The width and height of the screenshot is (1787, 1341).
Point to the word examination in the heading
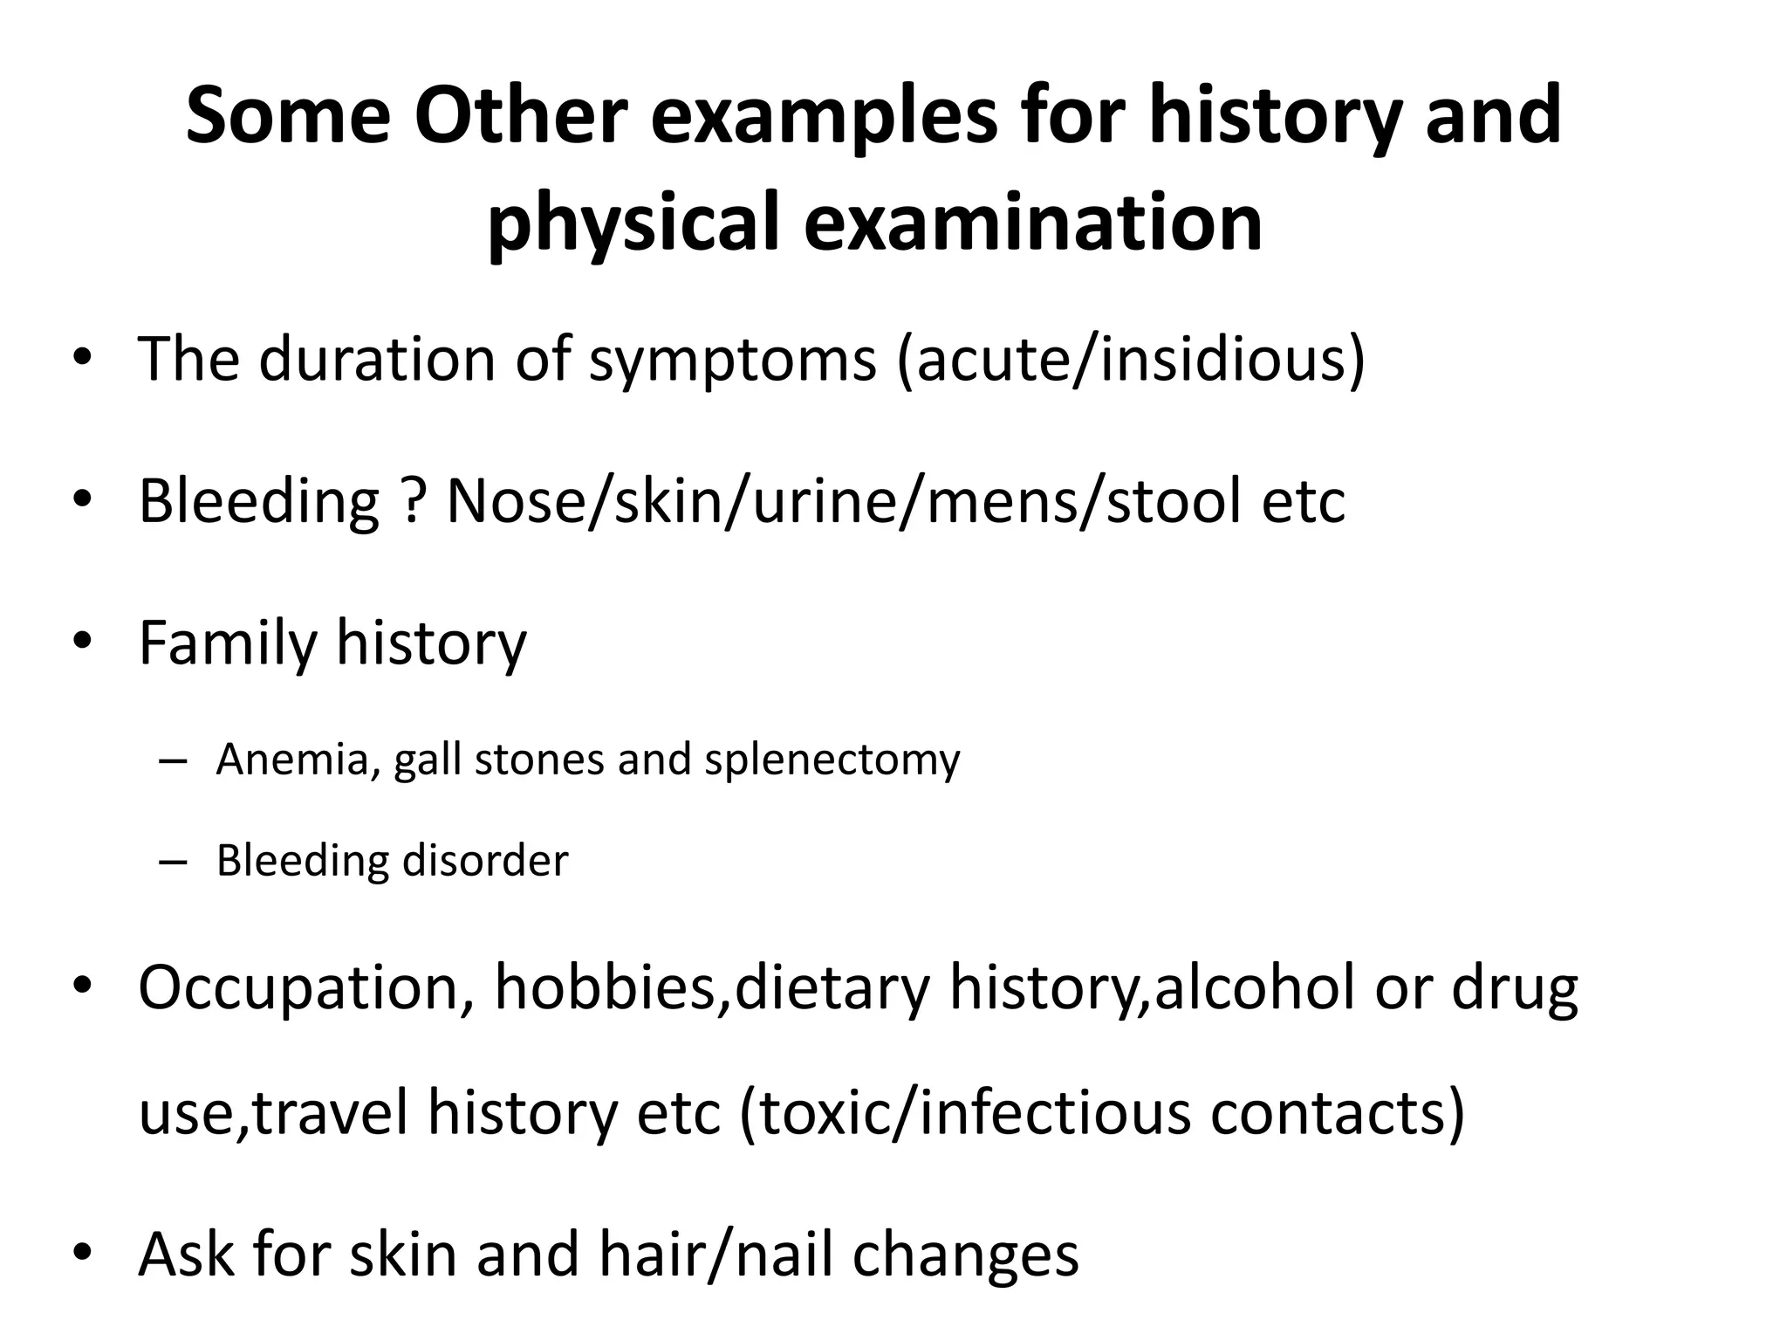tap(1033, 223)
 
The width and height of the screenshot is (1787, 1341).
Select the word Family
tap(227, 643)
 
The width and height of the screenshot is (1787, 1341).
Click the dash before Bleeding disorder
tap(174, 861)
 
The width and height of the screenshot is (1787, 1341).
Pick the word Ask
tap(187, 1254)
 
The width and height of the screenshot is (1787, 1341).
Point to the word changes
tap(965, 1254)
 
